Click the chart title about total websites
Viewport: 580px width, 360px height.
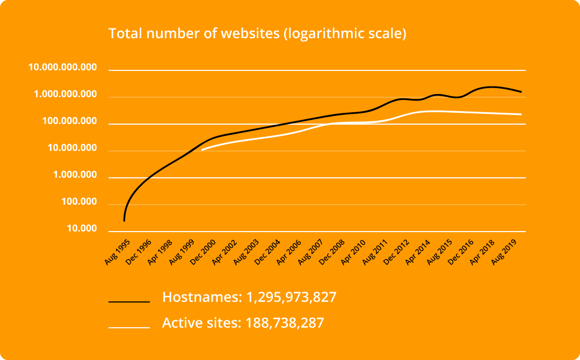(x=257, y=33)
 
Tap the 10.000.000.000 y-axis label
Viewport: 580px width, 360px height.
(x=63, y=68)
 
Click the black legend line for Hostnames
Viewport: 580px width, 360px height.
(x=129, y=302)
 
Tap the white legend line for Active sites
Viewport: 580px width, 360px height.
(x=129, y=327)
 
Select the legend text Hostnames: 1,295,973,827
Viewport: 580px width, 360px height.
(x=249, y=297)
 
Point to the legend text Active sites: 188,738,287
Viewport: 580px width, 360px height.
(x=243, y=323)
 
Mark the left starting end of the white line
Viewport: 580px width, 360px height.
(x=202, y=150)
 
